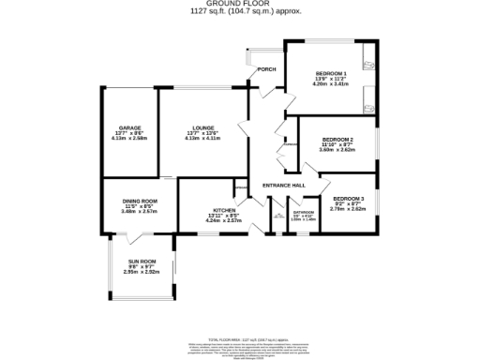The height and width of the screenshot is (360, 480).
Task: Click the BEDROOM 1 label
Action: click(x=331, y=74)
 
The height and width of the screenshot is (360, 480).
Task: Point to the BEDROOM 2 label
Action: click(x=337, y=139)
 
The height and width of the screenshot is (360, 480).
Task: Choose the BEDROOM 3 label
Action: click(x=348, y=198)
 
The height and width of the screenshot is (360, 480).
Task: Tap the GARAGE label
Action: click(x=129, y=128)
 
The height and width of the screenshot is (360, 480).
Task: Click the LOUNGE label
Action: click(x=204, y=128)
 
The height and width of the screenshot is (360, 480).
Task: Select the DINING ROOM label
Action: click(x=139, y=201)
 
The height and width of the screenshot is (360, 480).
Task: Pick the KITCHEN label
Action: click(x=224, y=210)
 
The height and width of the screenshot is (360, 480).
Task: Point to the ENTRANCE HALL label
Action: click(x=285, y=185)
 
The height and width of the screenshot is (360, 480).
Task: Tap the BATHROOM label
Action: click(x=303, y=212)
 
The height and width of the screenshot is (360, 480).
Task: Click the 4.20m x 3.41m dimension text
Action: click(x=331, y=84)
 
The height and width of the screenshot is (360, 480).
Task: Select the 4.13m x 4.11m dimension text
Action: click(x=204, y=139)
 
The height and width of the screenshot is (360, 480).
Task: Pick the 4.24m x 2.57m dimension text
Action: click(x=224, y=220)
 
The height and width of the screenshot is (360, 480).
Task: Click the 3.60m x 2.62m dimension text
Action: click(x=337, y=149)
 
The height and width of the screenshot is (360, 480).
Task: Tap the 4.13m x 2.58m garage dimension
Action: click(x=129, y=139)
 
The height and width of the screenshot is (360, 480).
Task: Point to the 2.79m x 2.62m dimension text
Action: click(x=348, y=208)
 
